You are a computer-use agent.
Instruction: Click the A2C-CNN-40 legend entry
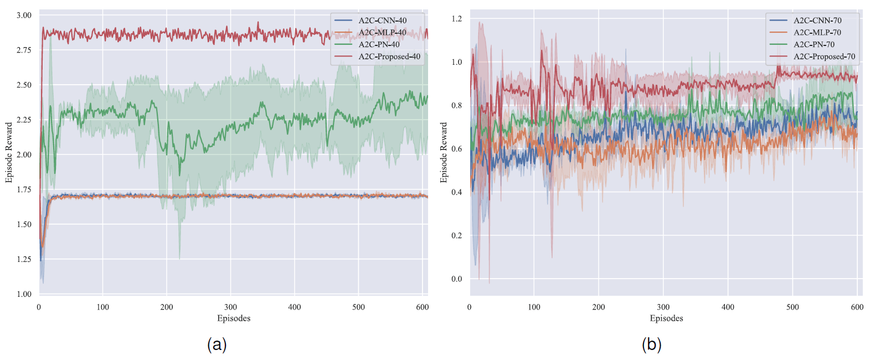pos(382,20)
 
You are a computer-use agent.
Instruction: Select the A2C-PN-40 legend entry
pos(379,44)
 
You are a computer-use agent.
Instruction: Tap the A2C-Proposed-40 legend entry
pos(389,56)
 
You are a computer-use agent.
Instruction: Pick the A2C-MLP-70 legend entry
pos(817,33)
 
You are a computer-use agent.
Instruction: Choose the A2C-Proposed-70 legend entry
pos(824,56)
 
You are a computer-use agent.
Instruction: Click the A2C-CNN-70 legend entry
pos(817,20)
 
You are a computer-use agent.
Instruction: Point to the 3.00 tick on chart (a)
pos(24,15)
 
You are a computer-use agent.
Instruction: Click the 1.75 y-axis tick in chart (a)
pos(24,189)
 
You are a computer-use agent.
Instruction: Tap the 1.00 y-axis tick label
pos(24,294)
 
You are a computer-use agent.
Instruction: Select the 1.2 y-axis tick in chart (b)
pos(456,19)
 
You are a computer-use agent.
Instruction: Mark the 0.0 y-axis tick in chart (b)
pos(456,279)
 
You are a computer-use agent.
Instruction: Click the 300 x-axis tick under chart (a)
pos(230,307)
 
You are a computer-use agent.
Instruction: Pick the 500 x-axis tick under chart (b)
pos(792,307)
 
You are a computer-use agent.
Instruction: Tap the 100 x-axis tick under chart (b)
pos(534,307)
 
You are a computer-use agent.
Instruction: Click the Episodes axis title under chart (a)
pos(234,318)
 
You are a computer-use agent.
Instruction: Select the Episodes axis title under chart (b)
pos(666,318)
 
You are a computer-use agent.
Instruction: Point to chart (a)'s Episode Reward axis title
pos(9,153)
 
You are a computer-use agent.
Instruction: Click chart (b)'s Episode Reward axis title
pos(444,153)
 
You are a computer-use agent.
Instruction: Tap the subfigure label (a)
pos(217,344)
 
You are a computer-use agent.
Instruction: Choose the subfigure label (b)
pos(651,344)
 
